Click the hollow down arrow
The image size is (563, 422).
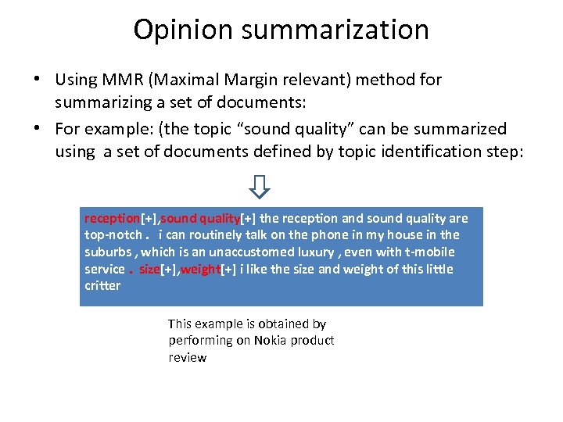click(x=260, y=186)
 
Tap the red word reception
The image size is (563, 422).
click(x=112, y=218)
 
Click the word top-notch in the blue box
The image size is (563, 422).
click(x=113, y=234)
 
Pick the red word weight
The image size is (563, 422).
click(x=199, y=269)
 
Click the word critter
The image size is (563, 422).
click(x=102, y=285)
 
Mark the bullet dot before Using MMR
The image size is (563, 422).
click(x=37, y=80)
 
